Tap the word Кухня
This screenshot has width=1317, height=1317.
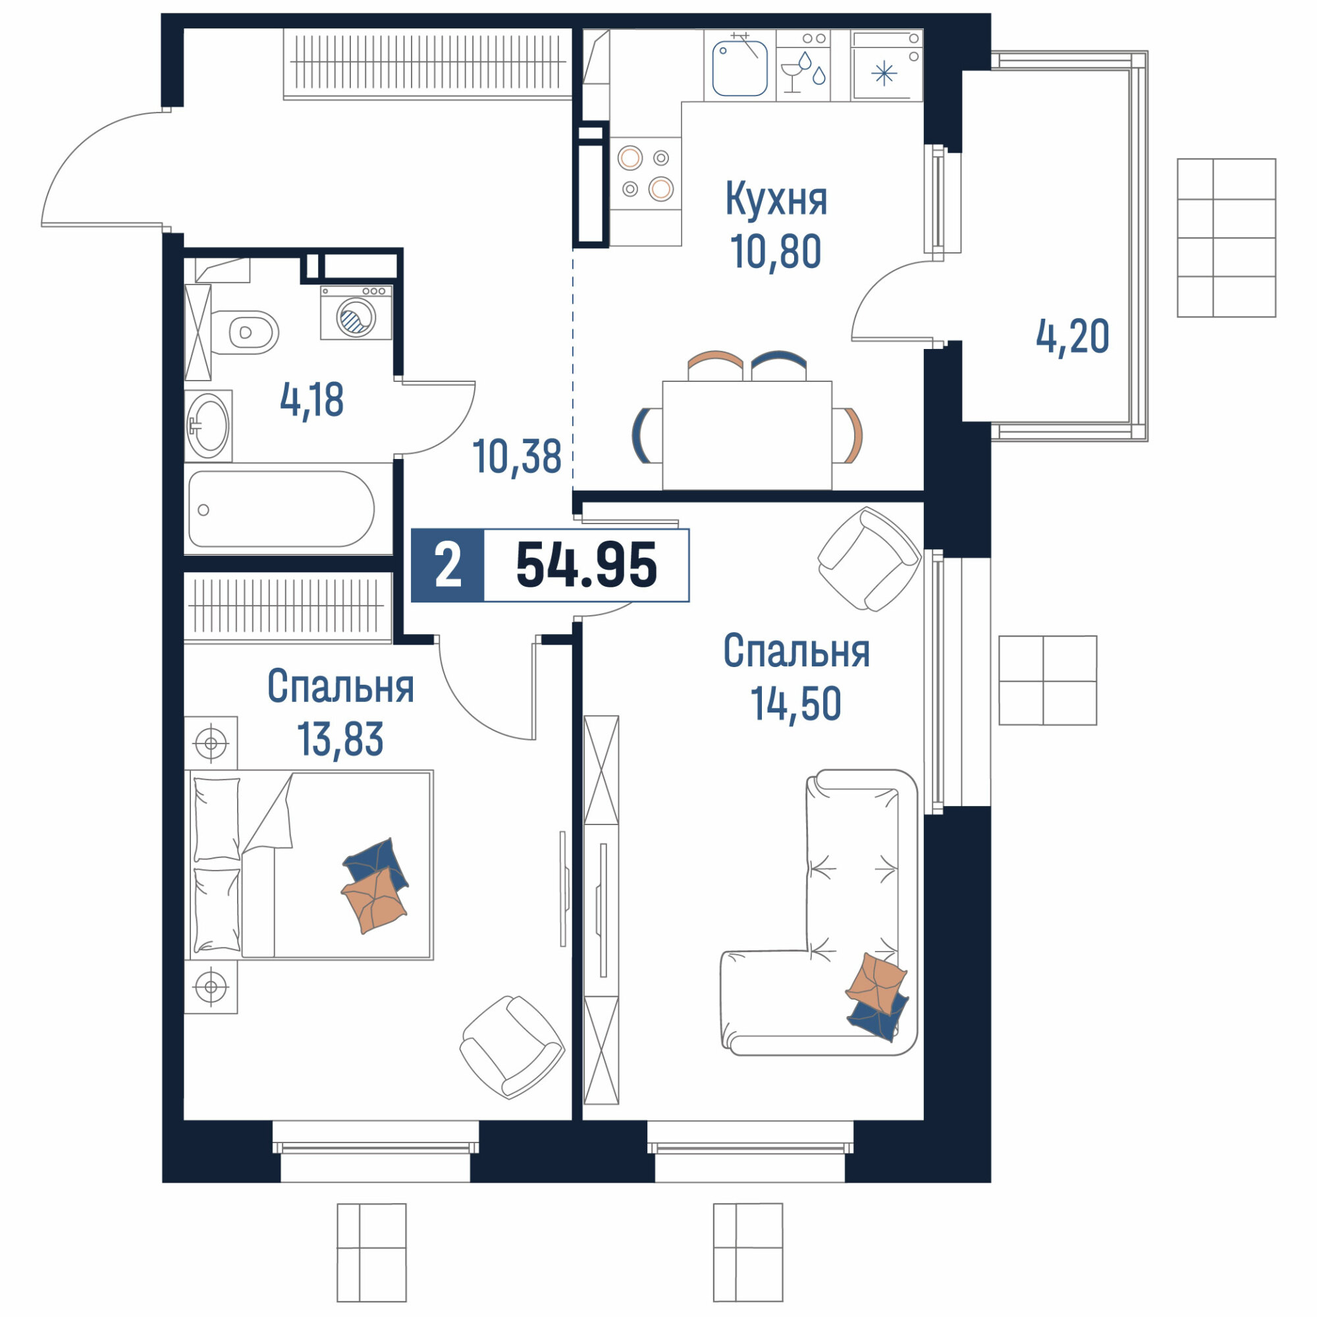[776, 199]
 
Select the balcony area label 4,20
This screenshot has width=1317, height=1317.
[1072, 336]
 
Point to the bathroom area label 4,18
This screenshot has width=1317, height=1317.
[311, 400]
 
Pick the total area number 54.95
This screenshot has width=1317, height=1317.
[586, 565]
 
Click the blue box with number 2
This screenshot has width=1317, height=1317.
[448, 565]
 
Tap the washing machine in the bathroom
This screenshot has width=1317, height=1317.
[356, 312]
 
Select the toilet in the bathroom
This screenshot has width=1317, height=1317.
[245, 333]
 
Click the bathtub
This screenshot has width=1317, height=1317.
[282, 509]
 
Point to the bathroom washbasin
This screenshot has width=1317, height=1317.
[209, 426]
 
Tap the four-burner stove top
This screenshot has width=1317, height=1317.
[645, 173]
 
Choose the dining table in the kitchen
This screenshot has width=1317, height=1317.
[747, 435]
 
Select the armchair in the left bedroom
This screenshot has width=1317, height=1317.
[512, 1046]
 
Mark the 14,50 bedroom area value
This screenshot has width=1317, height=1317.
[796, 704]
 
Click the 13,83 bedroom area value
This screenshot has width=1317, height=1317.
[340, 739]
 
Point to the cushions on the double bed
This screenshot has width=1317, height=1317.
[375, 886]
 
